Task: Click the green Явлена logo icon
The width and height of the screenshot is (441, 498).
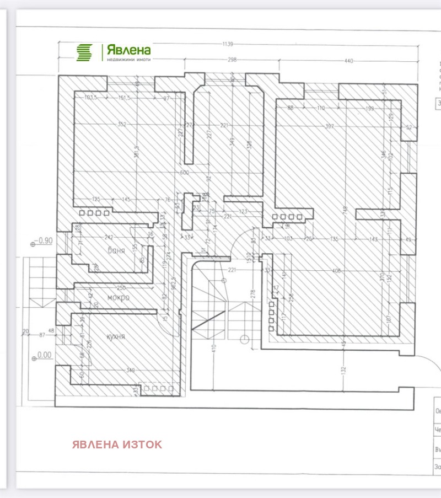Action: click(84, 52)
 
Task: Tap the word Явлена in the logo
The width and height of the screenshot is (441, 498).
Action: click(128, 49)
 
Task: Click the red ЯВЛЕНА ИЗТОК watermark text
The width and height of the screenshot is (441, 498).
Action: click(117, 445)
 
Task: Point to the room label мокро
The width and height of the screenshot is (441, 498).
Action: click(118, 297)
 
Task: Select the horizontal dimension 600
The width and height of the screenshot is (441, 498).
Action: click(184, 173)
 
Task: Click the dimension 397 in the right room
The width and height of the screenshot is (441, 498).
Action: click(329, 126)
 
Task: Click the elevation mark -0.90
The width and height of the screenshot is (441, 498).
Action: click(44, 241)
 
